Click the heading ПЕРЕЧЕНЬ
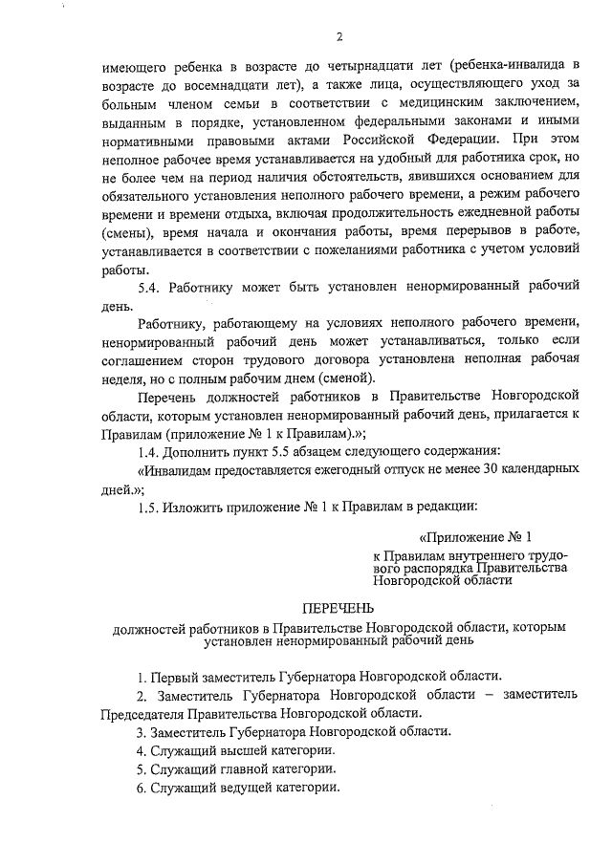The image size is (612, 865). (339, 608)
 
